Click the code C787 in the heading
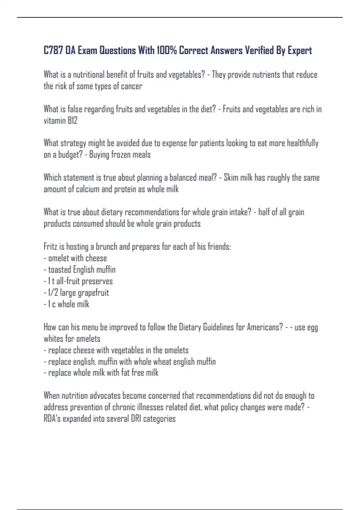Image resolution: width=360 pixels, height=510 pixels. (53, 50)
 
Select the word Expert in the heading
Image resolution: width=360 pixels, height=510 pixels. (300, 50)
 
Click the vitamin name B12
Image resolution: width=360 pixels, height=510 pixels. (72, 121)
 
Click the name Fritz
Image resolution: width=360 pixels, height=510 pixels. (50, 247)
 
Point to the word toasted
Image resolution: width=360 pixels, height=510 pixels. (59, 270)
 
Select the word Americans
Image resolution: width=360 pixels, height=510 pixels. (265, 327)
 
